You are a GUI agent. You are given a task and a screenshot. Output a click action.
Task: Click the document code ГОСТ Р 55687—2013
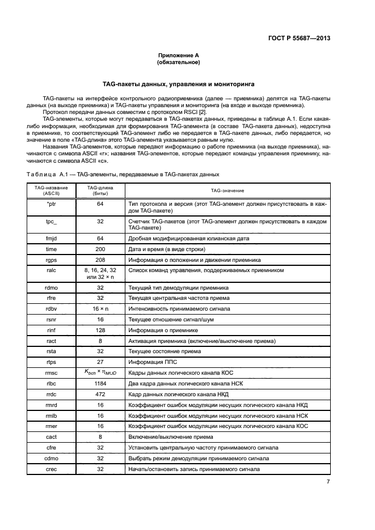(298, 38)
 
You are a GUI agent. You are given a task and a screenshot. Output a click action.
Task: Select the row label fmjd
(51, 239)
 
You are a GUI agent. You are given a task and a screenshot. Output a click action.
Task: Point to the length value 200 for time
(100, 249)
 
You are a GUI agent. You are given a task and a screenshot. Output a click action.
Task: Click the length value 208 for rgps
(100, 260)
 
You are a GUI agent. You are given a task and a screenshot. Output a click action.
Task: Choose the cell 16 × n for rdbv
(100, 308)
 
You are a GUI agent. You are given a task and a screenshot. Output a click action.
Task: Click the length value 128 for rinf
(100, 330)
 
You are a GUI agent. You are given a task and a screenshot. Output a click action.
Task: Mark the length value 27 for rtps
(100, 362)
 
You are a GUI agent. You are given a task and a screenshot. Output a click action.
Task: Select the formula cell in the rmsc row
(100, 373)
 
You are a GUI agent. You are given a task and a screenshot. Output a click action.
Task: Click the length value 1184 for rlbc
(100, 384)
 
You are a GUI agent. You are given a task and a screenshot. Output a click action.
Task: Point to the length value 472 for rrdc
(100, 395)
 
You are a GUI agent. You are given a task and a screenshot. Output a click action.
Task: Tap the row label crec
(51, 469)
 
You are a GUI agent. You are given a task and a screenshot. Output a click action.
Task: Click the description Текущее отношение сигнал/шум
(168, 319)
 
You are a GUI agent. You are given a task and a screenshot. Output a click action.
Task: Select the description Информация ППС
(154, 362)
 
